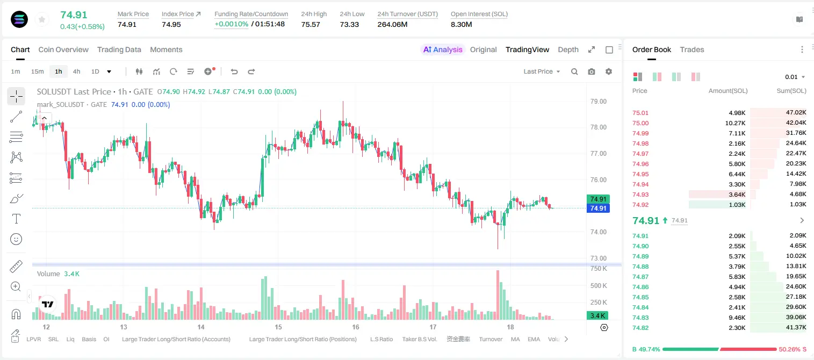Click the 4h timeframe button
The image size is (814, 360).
coord(76,71)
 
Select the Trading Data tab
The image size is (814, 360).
coord(119,49)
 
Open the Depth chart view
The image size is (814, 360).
coord(568,49)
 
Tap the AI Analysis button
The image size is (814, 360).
coord(443,49)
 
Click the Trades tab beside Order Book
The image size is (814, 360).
coord(692,49)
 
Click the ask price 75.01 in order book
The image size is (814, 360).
coord(640,113)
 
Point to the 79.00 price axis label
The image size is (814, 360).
coord(598,102)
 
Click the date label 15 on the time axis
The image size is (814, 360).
coord(278,327)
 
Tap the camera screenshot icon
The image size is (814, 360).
coord(592,71)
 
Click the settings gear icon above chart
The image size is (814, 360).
coord(609,71)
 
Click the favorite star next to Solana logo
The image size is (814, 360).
coord(42,19)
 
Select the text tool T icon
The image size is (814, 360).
coord(16,219)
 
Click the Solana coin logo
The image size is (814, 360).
coord(19,19)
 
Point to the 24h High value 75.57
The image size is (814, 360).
coord(311,24)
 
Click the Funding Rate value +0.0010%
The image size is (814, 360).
coord(232,24)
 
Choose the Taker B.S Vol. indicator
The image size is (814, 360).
coord(419,339)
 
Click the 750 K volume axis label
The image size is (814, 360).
coord(599,269)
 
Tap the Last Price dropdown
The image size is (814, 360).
coord(542,71)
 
